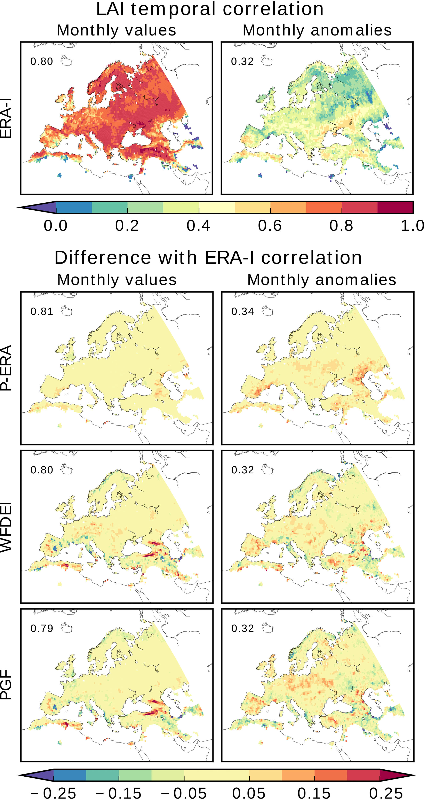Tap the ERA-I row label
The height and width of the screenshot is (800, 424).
6,118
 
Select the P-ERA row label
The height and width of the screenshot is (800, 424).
6,368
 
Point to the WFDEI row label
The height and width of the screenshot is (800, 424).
6,527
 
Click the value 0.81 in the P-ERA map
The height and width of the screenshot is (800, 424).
42,311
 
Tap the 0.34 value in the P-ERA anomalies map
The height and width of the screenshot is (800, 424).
242,311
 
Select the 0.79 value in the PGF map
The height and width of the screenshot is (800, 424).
42,628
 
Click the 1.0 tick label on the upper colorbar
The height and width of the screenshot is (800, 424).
412,225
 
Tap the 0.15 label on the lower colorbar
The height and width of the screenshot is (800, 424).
314,793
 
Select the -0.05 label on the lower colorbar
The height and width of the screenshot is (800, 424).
184,793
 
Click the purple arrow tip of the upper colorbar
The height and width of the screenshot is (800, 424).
37,207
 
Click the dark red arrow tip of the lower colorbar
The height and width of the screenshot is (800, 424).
397,775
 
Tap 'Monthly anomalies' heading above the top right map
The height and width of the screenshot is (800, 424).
317,30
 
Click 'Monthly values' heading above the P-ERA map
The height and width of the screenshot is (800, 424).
117,280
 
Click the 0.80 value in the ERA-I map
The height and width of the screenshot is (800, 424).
42,62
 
